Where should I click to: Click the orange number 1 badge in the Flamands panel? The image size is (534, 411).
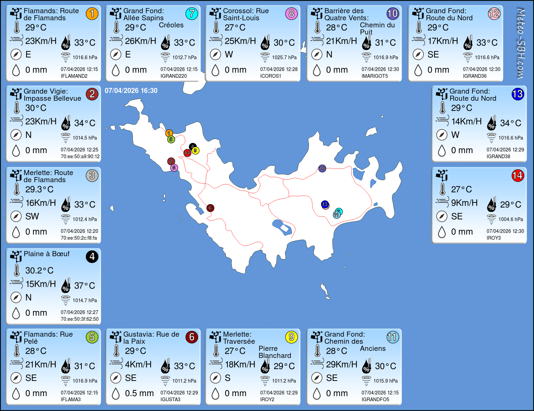[x=92, y=14]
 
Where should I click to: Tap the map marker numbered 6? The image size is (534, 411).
[x=210, y=208]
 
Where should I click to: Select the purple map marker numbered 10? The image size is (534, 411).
[x=322, y=168]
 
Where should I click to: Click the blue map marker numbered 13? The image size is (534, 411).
[x=325, y=204]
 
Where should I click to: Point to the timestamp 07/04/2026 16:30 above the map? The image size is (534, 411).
[x=131, y=91]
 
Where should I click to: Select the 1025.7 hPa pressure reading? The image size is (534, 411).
[x=284, y=57]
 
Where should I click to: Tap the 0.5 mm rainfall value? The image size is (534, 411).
[x=139, y=393]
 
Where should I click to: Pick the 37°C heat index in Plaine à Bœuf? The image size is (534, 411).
[x=84, y=286]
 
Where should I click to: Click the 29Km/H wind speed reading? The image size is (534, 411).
[x=342, y=364]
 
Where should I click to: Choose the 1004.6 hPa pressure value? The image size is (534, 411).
[x=511, y=219]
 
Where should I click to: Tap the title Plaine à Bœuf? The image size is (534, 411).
[x=47, y=254]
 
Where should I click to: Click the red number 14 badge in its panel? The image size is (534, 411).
[x=517, y=175]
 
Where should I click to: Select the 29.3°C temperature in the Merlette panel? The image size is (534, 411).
[x=39, y=189]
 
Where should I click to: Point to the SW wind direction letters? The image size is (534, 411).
[x=32, y=216]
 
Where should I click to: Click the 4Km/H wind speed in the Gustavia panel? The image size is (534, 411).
[x=138, y=364]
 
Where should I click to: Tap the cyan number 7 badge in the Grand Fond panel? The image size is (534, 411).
[x=192, y=14]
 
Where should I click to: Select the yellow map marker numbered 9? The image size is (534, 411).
[x=195, y=151]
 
